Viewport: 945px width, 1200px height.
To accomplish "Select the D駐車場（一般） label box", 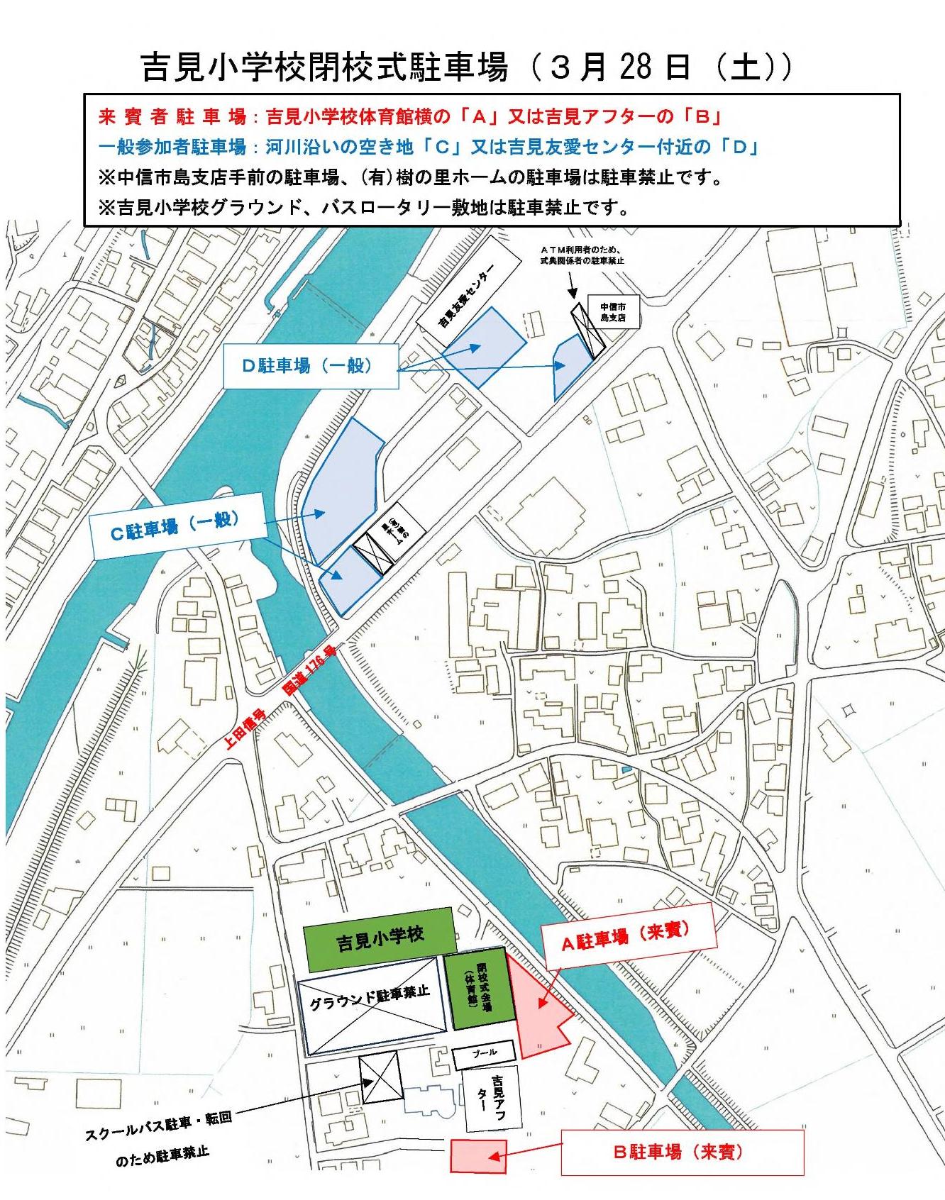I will coord(310,366).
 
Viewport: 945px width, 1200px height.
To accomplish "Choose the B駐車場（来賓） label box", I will coord(682,1151).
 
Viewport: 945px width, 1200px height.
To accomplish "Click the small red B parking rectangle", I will coord(478,1155).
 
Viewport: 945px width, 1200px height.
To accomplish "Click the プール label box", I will coord(485,1053).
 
